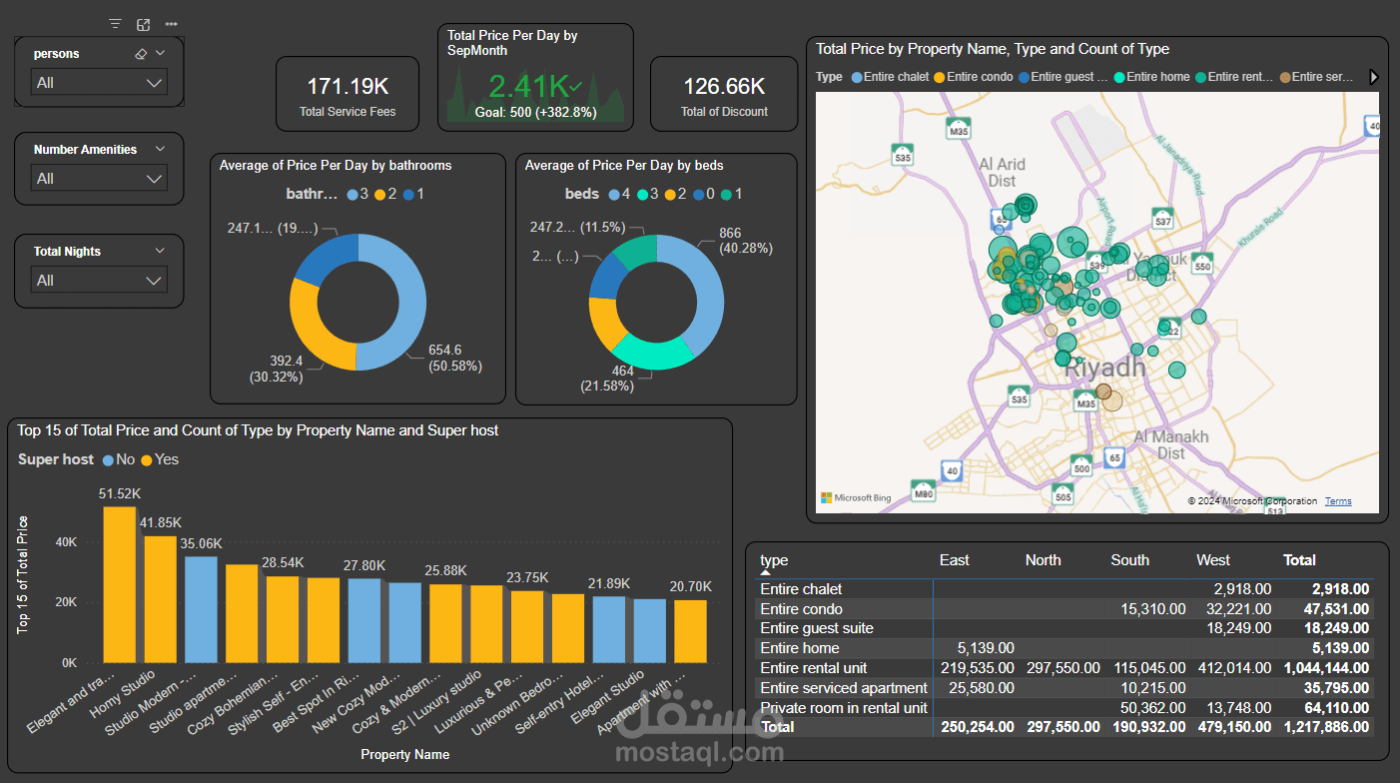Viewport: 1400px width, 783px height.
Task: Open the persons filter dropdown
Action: pyautogui.click(x=99, y=83)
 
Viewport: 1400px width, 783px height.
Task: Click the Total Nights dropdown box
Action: pyautogui.click(x=99, y=281)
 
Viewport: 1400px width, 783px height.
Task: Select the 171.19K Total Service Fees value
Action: pyautogui.click(x=347, y=87)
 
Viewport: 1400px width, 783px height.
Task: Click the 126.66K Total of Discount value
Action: pyautogui.click(x=724, y=87)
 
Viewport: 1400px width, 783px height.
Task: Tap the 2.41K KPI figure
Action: pyautogui.click(x=529, y=85)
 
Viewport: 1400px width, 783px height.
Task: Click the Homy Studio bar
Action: pyautogui.click(x=160, y=599)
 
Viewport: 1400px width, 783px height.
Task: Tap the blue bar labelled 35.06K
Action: pyautogui.click(x=202, y=609)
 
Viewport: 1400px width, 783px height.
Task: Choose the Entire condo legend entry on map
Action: pyautogui.click(x=974, y=77)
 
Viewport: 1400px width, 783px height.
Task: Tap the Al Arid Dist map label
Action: pyautogui.click(x=1002, y=172)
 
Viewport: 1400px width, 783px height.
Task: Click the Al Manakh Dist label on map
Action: pyautogui.click(x=1171, y=444)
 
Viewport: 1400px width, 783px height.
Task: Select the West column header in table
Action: pyautogui.click(x=1213, y=560)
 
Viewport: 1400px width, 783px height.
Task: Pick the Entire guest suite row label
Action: pyautogui.click(x=817, y=628)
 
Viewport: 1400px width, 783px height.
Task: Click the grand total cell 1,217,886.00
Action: pyautogui.click(x=1326, y=727)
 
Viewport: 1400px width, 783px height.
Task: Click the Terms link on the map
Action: pyautogui.click(x=1338, y=501)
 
